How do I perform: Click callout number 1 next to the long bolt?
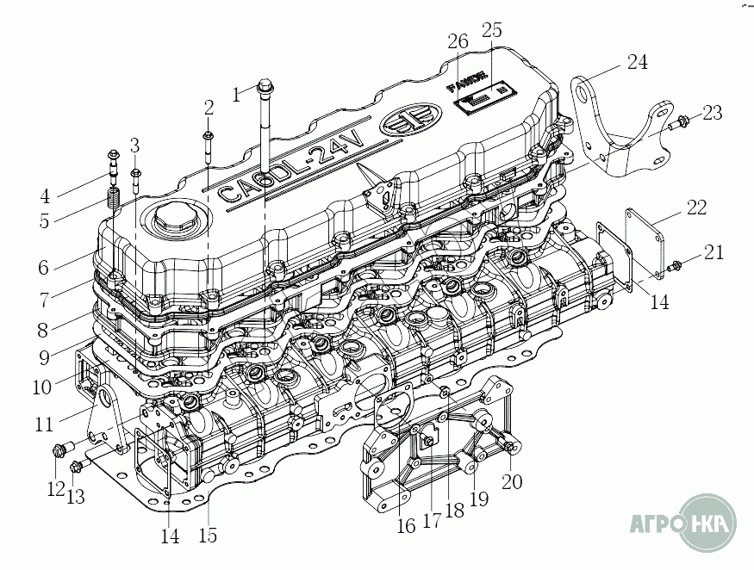coord(237,95)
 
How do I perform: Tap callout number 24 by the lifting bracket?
coord(637,62)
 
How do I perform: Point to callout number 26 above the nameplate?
coord(458,41)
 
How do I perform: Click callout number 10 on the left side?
coord(42,387)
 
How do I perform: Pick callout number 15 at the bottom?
coord(208,535)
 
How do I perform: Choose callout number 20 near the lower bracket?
coord(512,481)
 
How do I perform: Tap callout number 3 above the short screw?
coord(135,145)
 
